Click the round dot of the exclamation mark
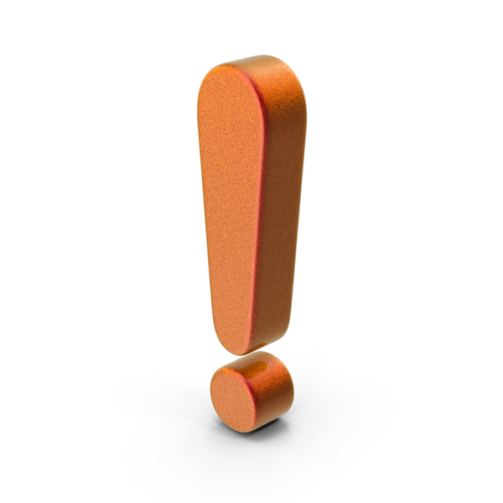pyautogui.click(x=251, y=392)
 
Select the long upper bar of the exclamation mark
pyautogui.click(x=251, y=205)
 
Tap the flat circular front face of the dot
pyautogui.click(x=233, y=401)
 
